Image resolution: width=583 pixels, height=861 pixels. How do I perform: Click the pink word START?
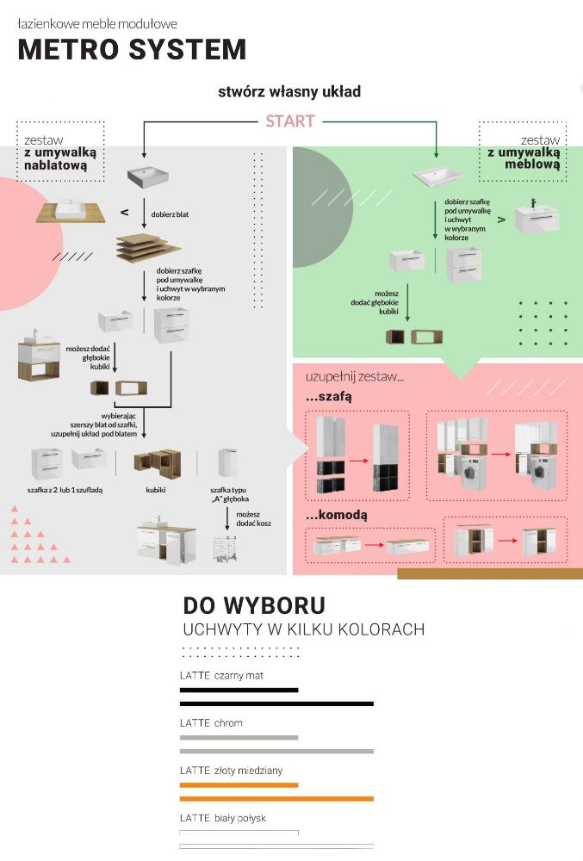click(289, 121)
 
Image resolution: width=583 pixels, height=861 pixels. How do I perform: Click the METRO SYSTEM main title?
click(132, 49)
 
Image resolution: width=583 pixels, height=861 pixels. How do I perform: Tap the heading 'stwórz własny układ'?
click(289, 91)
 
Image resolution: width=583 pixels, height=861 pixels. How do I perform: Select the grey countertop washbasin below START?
click(147, 177)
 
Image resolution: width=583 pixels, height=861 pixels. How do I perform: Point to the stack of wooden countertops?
click(148, 249)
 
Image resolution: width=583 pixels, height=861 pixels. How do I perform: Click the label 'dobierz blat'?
click(170, 214)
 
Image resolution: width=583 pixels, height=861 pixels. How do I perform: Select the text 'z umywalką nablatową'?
click(59, 158)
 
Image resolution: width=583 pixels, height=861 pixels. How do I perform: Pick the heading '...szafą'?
click(329, 398)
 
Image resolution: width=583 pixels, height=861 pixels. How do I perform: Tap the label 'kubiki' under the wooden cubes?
click(156, 490)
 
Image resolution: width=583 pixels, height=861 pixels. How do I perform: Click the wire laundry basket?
click(225, 548)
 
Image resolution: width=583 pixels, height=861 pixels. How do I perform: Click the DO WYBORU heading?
click(254, 605)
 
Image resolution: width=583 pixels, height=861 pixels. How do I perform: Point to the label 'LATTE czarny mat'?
click(221, 676)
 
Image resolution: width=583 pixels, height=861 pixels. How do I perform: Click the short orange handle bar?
click(239, 784)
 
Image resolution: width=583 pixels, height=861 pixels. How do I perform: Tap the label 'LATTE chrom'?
click(211, 723)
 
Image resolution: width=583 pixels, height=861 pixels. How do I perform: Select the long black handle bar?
click(276, 704)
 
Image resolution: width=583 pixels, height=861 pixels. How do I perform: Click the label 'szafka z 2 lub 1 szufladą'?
click(65, 490)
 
